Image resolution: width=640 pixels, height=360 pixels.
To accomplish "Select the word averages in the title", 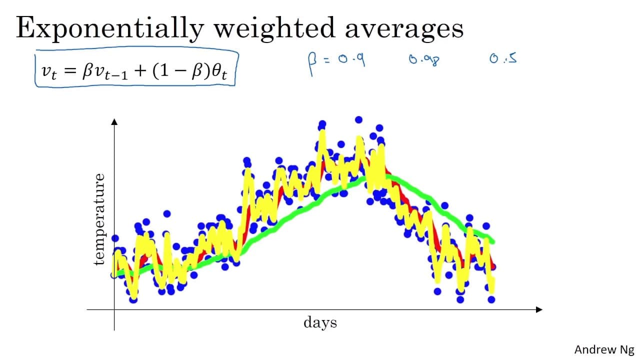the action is click(404, 29).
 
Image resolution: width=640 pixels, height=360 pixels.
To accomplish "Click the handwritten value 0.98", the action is click(424, 59).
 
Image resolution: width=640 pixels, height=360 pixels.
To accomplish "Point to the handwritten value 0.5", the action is click(503, 58).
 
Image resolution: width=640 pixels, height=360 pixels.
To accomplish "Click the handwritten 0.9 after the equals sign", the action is click(351, 59).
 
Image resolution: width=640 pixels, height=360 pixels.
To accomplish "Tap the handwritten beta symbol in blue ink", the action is click(312, 63).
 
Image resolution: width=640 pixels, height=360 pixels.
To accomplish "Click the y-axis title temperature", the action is click(99, 219).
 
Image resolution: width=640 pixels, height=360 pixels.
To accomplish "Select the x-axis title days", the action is click(320, 323).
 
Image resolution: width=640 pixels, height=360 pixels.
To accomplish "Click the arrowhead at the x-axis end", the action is click(539, 309).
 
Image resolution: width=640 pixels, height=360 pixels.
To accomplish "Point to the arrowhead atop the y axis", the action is click(114, 121).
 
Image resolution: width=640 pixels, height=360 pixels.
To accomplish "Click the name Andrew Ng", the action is click(604, 349).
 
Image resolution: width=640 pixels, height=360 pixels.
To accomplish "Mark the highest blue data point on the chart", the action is click(358, 120).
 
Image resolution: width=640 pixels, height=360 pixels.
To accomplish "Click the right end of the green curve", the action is click(493, 242).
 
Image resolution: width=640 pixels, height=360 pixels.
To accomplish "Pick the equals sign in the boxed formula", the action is click(70, 71).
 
